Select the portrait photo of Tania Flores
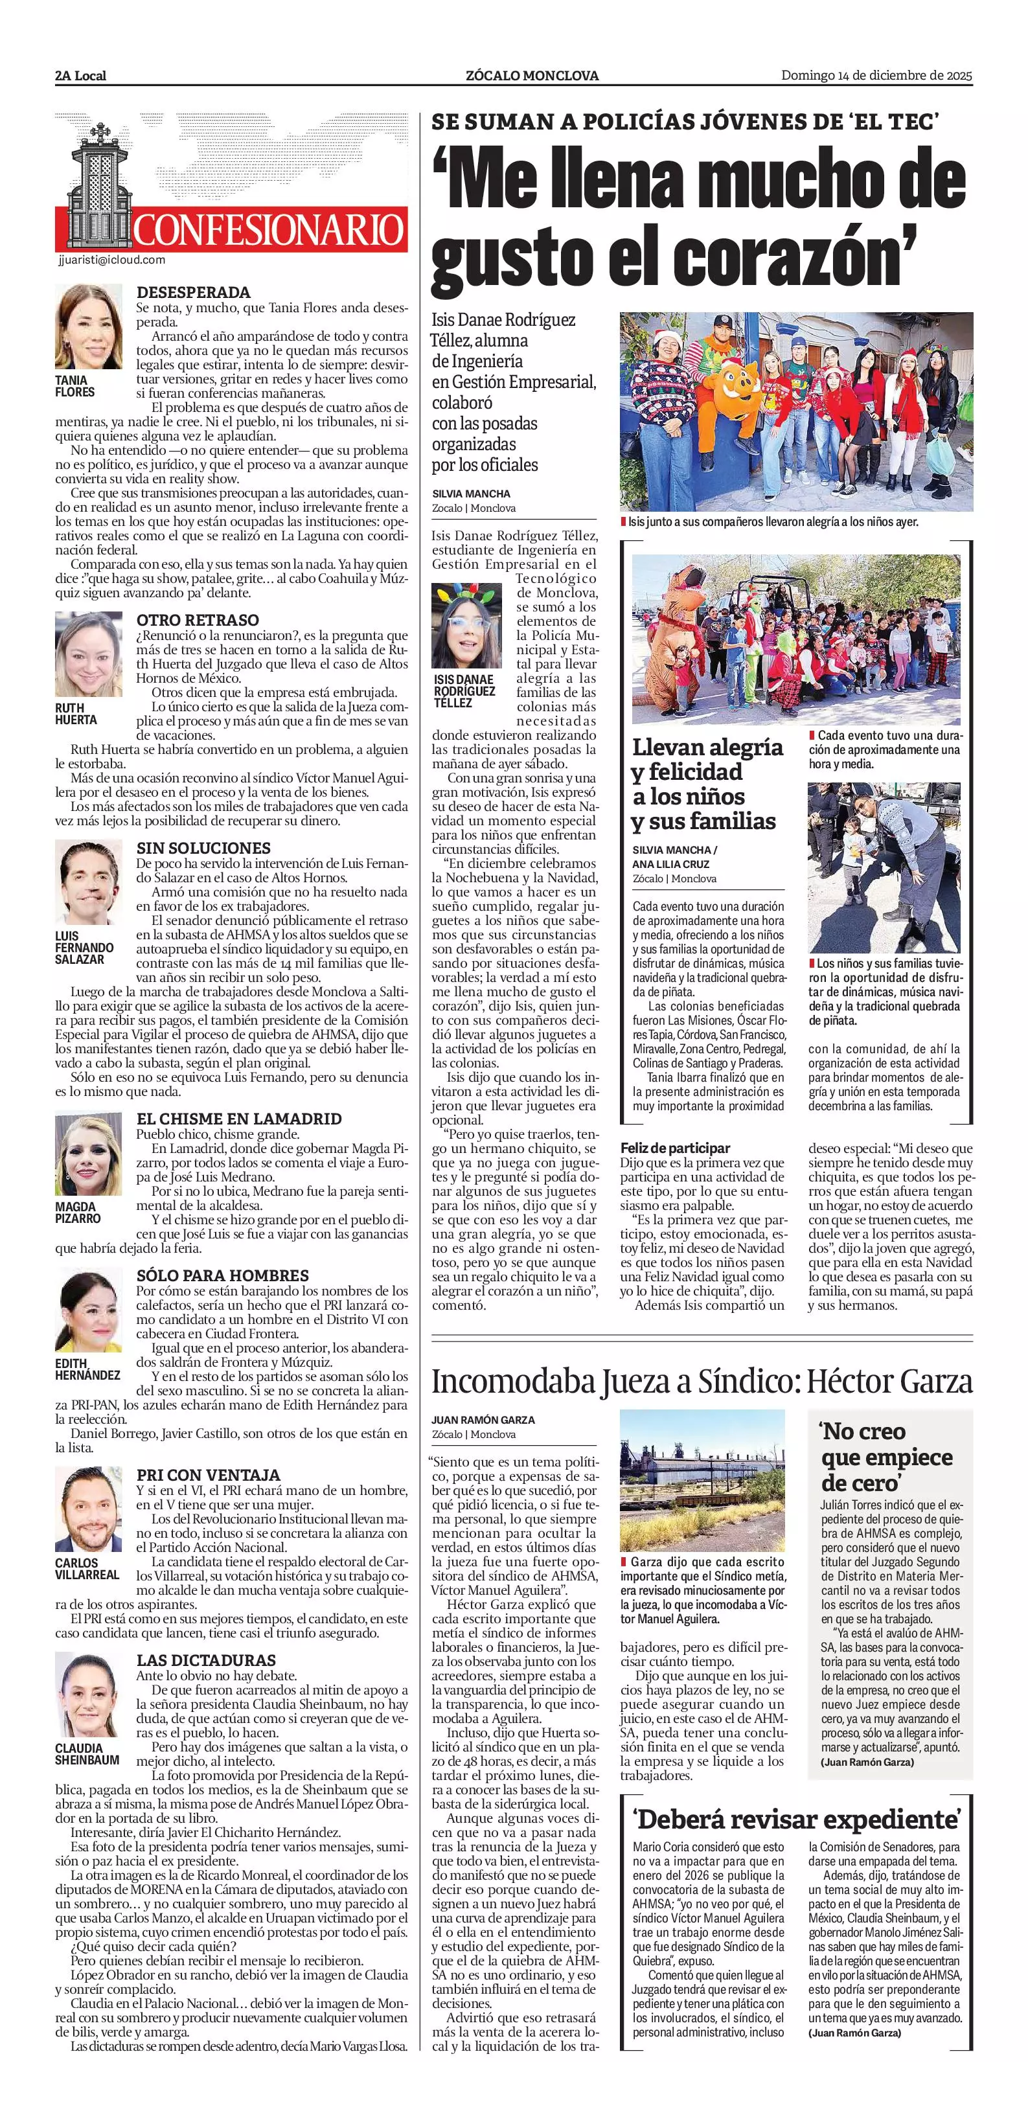[x=88, y=327]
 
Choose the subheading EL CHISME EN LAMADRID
[x=239, y=1119]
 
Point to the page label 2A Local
[x=81, y=76]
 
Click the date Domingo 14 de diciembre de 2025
[x=876, y=76]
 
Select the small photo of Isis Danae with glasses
[x=467, y=626]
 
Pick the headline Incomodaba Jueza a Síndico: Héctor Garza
[x=702, y=1382]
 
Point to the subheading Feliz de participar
[x=676, y=1148]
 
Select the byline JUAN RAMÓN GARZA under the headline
[x=483, y=1419]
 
